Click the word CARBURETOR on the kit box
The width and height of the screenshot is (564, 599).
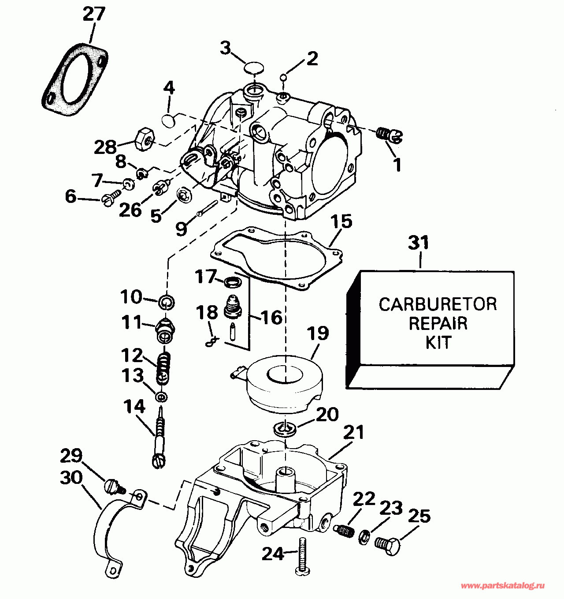(438, 304)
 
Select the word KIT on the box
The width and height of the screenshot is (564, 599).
(438, 342)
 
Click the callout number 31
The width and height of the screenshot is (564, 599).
(418, 243)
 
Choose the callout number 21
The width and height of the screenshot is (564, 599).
(353, 433)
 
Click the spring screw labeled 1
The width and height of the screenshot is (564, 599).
(390, 134)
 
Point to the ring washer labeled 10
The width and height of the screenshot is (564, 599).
(167, 302)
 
